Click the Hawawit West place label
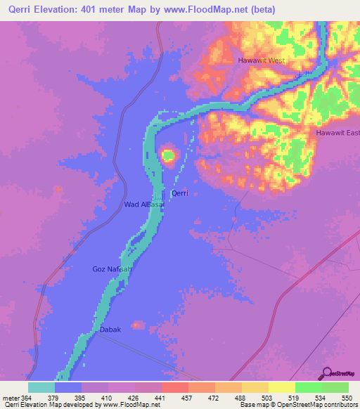coord(262,60)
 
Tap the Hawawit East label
coord(337,133)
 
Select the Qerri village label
coord(179,193)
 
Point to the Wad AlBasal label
coord(143,204)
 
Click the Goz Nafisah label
coord(112,269)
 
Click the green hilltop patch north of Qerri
coord(169,155)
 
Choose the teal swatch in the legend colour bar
coord(41,387)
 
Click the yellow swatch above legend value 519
coord(281,387)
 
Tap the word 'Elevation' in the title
coord(62,9)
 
